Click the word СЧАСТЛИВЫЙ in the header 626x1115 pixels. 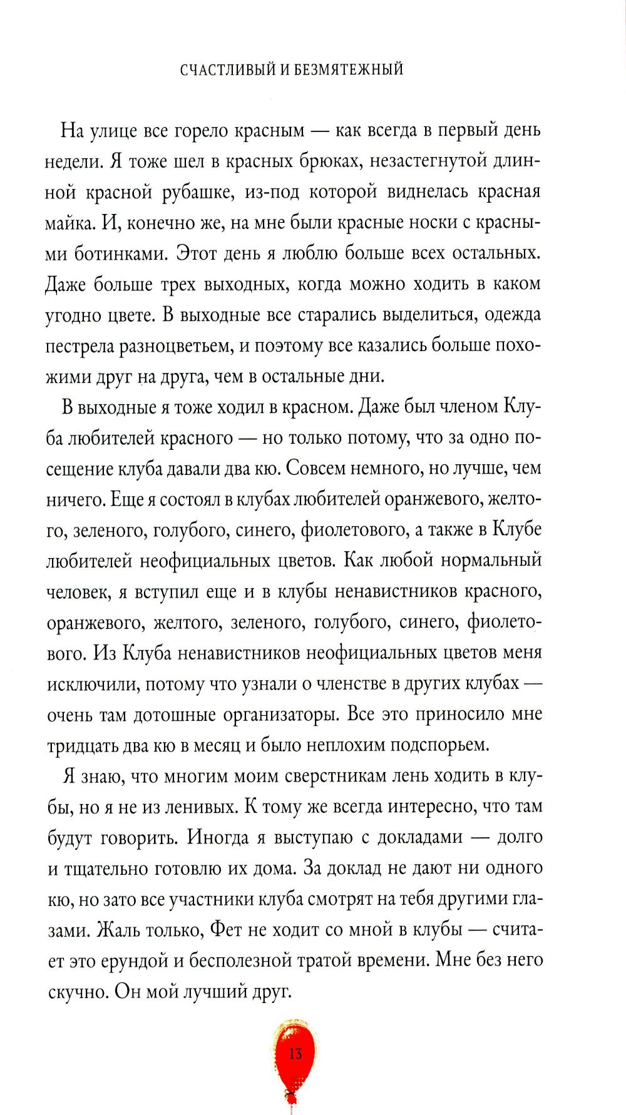226,69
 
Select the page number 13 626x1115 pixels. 295,1054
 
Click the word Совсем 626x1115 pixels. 326,468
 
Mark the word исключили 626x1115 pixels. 91,683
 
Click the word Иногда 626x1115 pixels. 213,837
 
